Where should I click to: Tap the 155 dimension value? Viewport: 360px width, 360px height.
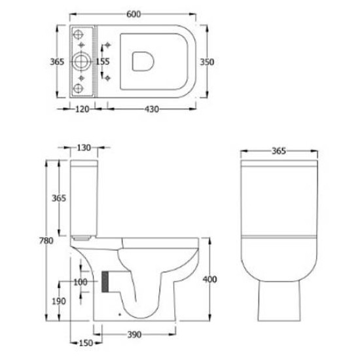(x=102, y=62)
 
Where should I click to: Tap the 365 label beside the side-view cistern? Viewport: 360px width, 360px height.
(x=60, y=198)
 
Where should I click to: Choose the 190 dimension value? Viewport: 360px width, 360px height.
(x=59, y=301)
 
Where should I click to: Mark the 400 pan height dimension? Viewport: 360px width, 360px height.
(x=209, y=280)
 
